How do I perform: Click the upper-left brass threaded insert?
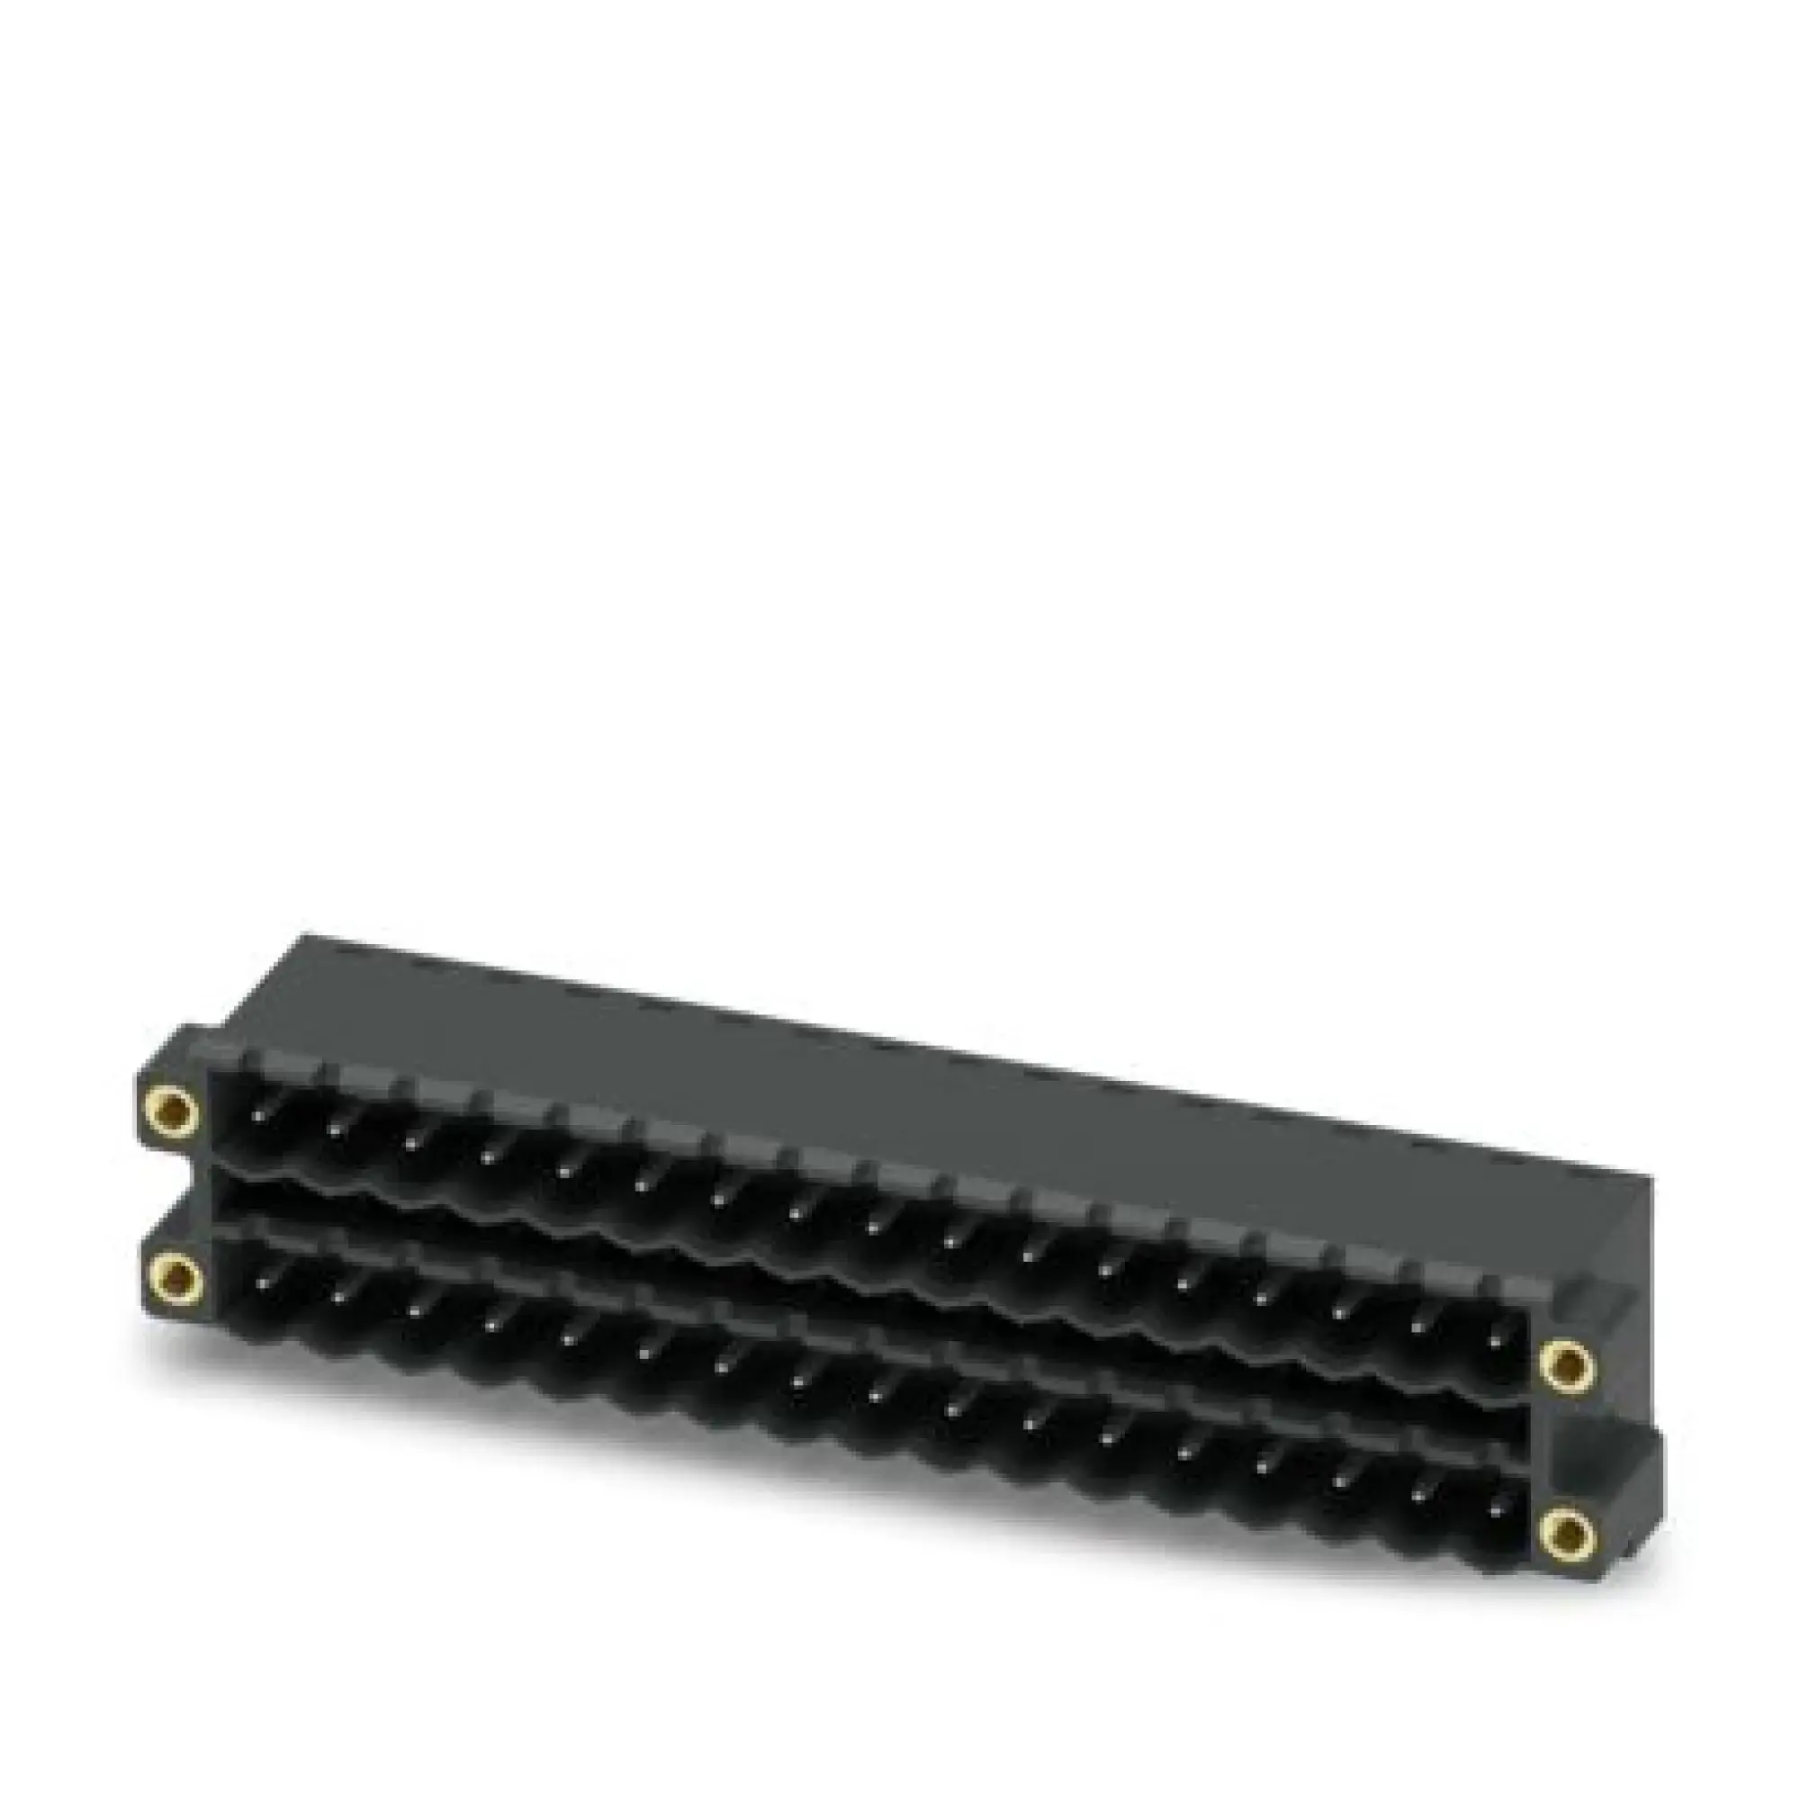click(x=171, y=1110)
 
